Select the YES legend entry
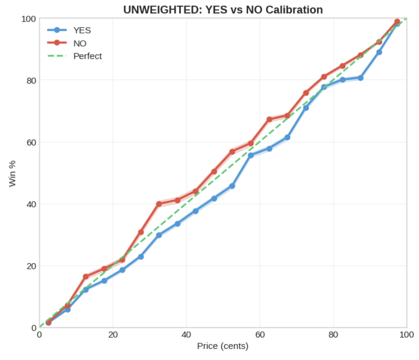tap(82, 30)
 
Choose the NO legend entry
tap(80, 43)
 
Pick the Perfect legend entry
tap(87, 56)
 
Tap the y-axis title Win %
tap(12, 173)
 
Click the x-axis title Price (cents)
tap(223, 346)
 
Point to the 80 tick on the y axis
tap(31, 80)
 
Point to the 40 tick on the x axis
tap(186, 335)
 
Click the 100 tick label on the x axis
tap(406, 335)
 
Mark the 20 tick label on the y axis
tap(31, 266)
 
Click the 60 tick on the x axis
tap(260, 335)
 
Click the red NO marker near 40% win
tap(159, 204)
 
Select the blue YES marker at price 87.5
tap(360, 78)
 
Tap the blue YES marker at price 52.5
tap(232, 186)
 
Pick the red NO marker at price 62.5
tap(269, 119)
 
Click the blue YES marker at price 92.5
tap(379, 52)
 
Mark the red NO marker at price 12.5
tap(86, 277)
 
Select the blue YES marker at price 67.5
tap(287, 137)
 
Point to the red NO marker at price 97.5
tap(397, 22)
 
